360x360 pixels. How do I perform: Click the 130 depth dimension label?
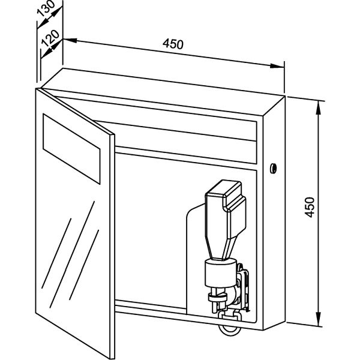pyautogui.click(x=46, y=8)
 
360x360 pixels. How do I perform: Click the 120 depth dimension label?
pyautogui.click(x=50, y=38)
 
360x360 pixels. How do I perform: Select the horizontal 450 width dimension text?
pyautogui.click(x=173, y=44)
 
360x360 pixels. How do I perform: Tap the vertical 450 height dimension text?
pyautogui.click(x=310, y=207)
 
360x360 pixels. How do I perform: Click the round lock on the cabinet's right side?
pyautogui.click(x=273, y=168)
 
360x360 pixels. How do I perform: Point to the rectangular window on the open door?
pyautogui.click(x=71, y=149)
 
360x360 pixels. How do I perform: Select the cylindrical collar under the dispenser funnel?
pyautogui.click(x=220, y=272)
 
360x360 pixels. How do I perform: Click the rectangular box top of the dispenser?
pyautogui.click(x=226, y=206)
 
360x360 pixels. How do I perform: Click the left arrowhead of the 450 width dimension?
pyautogui.click(x=70, y=41)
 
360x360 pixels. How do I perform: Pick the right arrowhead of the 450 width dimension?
pyautogui.click(x=277, y=66)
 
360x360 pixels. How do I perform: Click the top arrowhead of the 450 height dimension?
pyautogui.click(x=318, y=107)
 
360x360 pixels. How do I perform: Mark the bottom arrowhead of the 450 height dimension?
pyautogui.click(x=319, y=319)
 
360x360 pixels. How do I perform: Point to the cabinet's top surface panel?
pyautogui.click(x=163, y=91)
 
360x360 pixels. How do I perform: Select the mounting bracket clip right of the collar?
pyautogui.click(x=243, y=287)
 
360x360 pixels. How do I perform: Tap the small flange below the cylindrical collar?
pyautogui.click(x=217, y=297)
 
